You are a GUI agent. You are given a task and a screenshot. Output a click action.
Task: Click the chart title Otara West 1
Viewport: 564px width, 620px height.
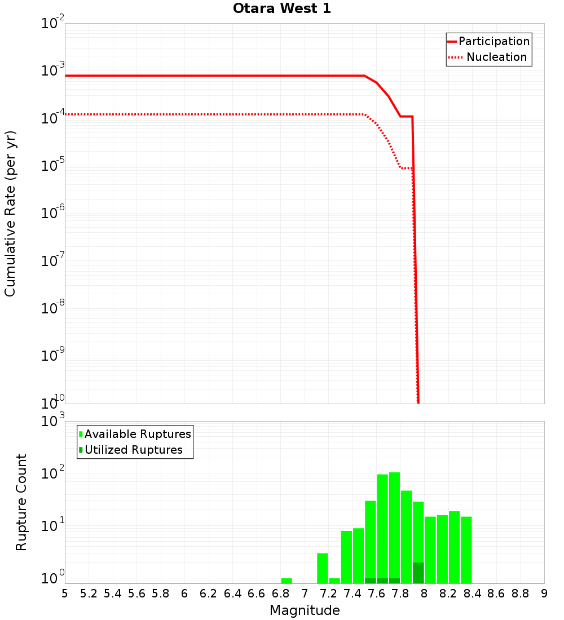click(282, 9)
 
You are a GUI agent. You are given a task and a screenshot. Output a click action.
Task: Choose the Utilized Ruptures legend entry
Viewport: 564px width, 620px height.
click(133, 450)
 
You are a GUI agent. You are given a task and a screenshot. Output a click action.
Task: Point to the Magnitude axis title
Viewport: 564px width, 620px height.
click(305, 610)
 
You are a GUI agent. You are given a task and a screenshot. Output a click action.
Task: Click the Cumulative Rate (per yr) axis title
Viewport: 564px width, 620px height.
click(10, 214)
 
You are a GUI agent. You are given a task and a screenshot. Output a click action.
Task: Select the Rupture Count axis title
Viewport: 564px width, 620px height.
click(21, 502)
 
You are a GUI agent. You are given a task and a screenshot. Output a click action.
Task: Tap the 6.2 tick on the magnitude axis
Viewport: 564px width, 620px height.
click(209, 594)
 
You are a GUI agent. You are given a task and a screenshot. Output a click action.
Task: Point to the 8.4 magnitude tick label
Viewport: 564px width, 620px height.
click(473, 594)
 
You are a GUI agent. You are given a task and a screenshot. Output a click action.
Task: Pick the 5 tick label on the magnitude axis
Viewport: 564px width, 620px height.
click(65, 594)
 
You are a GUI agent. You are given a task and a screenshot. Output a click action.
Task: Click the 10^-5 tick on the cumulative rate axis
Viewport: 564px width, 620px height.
click(53, 166)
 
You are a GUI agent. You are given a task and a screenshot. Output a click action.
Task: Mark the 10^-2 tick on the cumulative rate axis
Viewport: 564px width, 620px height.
click(53, 24)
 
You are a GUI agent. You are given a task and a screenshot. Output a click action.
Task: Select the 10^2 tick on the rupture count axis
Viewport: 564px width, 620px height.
click(54, 473)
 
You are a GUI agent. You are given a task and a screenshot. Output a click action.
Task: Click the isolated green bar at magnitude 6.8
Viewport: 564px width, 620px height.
click(287, 581)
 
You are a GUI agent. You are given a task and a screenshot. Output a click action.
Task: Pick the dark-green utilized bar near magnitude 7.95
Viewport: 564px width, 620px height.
click(418, 573)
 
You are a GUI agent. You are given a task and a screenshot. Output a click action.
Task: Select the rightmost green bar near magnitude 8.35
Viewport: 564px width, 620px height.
click(466, 550)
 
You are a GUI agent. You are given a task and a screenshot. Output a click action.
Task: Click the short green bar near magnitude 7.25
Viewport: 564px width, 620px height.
click(334, 581)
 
